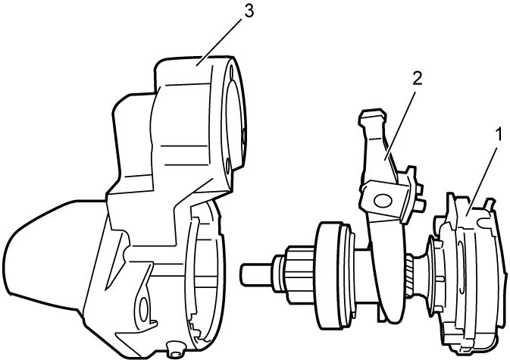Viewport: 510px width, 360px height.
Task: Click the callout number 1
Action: (497, 135)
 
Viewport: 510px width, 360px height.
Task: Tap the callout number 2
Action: (418, 79)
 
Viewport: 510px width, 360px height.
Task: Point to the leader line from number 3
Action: (220, 42)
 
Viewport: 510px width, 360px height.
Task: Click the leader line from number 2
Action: (400, 126)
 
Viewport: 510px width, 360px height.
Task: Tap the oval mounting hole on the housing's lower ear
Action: (142, 309)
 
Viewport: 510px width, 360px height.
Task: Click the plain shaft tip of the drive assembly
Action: (256, 274)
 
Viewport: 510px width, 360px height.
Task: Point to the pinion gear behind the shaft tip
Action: (296, 274)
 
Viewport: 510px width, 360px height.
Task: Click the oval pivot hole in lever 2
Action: (383, 200)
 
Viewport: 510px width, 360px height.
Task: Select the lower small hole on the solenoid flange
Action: (227, 166)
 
